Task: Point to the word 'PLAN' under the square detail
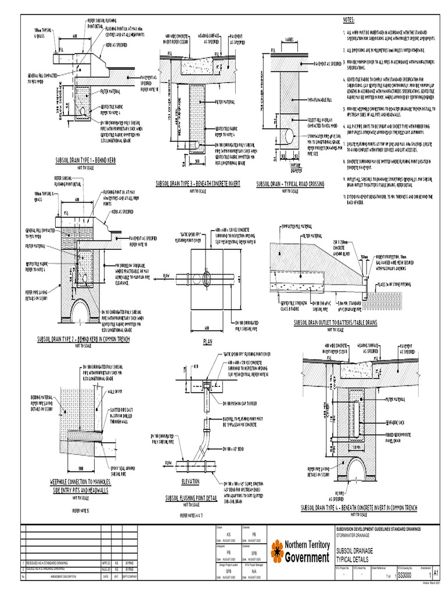(208, 342)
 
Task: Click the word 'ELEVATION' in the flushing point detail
(190, 482)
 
